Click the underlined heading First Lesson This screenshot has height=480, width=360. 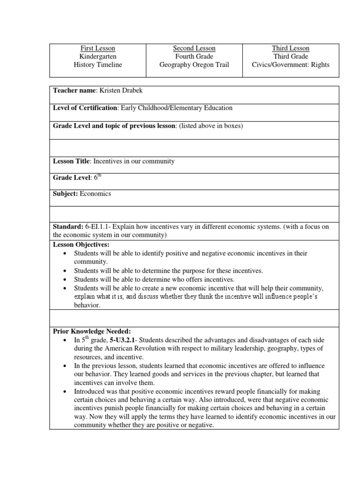click(x=97, y=48)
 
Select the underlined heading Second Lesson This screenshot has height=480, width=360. click(x=194, y=48)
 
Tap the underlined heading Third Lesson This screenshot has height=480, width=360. click(x=291, y=48)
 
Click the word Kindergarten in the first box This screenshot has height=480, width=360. click(x=97, y=56)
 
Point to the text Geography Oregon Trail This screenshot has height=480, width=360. click(x=194, y=65)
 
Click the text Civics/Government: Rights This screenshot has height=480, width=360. click(x=291, y=65)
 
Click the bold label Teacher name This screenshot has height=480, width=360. click(x=74, y=90)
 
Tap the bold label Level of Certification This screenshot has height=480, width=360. click(x=85, y=108)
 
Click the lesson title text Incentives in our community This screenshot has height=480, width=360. click(x=134, y=161)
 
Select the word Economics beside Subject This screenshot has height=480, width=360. click(x=96, y=193)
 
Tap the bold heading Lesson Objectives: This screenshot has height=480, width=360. click(x=81, y=245)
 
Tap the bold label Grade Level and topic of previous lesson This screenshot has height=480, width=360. click(x=114, y=126)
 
